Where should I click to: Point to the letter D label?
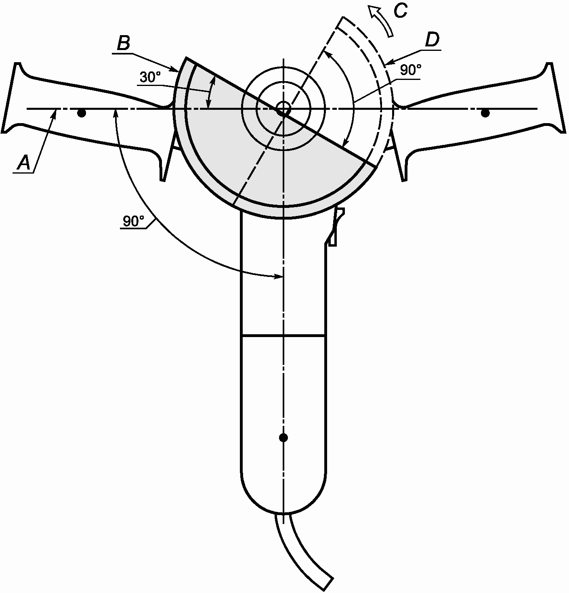tap(432, 40)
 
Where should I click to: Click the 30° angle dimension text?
tap(151, 77)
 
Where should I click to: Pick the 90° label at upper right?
tap(410, 70)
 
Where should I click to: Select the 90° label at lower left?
tap(134, 221)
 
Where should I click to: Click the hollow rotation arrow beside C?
tap(381, 23)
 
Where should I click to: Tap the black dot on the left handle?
tap(82, 113)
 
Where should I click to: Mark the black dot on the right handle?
tap(485, 113)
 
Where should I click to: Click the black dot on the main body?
tap(283, 437)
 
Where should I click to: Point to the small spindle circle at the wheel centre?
tap(283, 109)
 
